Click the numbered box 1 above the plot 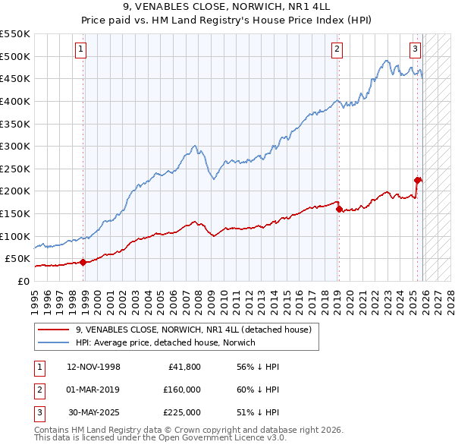click(81, 50)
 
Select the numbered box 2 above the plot click(337, 50)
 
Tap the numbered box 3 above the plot click(416, 50)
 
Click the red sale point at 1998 click(83, 262)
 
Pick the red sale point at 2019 click(338, 209)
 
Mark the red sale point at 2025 click(417, 180)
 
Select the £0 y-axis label click(23, 281)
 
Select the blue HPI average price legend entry click(166, 343)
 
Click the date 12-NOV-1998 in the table click(93, 367)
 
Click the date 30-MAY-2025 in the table click(94, 412)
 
